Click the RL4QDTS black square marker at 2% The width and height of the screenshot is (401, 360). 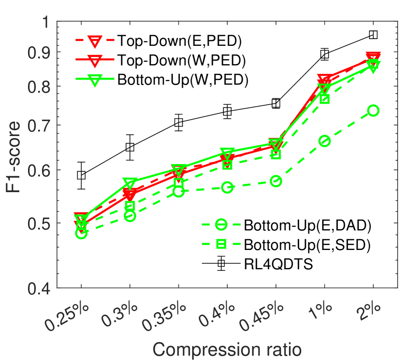[373, 35]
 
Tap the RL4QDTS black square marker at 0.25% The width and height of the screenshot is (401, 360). [81, 175]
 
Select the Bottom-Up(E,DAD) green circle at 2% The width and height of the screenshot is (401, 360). [373, 111]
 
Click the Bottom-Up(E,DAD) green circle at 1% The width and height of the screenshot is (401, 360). [324, 141]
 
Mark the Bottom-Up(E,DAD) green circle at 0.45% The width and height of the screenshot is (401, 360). [276, 181]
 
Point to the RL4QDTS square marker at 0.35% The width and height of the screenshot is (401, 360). [179, 123]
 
